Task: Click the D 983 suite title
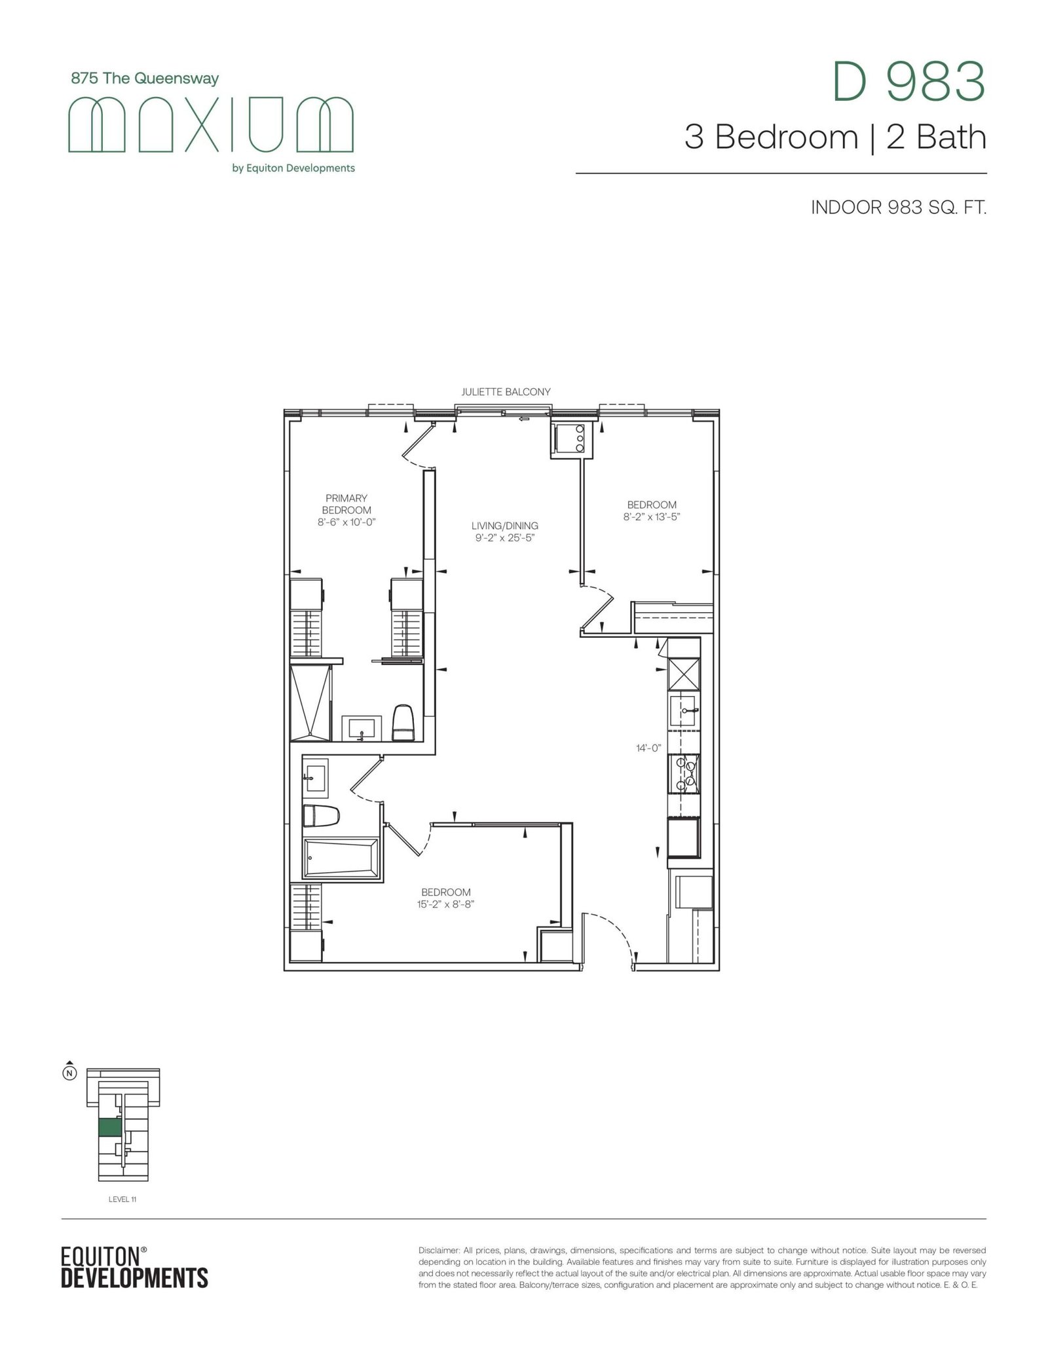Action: [x=908, y=82]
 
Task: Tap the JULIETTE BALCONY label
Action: [x=506, y=392]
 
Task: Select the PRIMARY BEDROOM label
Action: [x=346, y=504]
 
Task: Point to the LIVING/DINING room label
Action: [x=505, y=526]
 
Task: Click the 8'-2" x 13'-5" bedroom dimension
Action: [x=652, y=517]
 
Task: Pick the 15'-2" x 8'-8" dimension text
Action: [x=445, y=904]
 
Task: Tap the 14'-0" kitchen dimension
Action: [x=648, y=748]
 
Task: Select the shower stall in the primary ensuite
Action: [x=311, y=703]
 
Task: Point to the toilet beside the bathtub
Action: [x=321, y=816]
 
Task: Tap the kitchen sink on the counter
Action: [x=684, y=710]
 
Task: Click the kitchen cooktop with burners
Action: [x=684, y=773]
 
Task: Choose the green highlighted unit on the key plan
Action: [x=110, y=1127]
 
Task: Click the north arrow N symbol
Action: [x=69, y=1071]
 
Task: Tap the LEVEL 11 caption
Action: [x=122, y=1200]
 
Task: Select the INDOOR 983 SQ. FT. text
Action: [x=899, y=208]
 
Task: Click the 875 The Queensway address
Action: [x=145, y=79]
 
